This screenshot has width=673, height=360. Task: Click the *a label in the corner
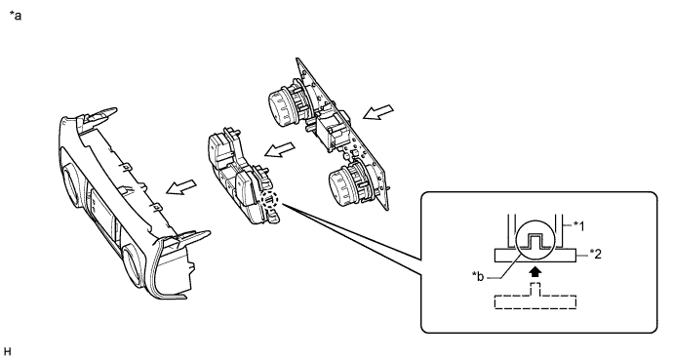pos(16,16)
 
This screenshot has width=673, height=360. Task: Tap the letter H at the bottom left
pos(6,352)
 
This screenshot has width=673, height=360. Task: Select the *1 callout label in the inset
pos(578,225)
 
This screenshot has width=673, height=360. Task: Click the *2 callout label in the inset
pos(595,254)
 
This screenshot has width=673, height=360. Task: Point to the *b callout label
pos(477,277)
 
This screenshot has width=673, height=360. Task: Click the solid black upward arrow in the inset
pos(534,272)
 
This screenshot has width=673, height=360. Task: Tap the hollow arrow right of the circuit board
pos(378,111)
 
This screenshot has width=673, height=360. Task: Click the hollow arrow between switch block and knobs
pos(279,149)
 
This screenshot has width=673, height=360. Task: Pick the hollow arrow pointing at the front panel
pos(181,187)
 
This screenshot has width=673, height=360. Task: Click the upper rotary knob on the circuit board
pos(283,103)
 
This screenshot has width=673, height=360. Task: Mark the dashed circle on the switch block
pos(269,201)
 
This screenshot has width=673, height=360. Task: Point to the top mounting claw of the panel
pos(101,114)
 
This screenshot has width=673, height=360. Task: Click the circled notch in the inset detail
pos(534,241)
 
